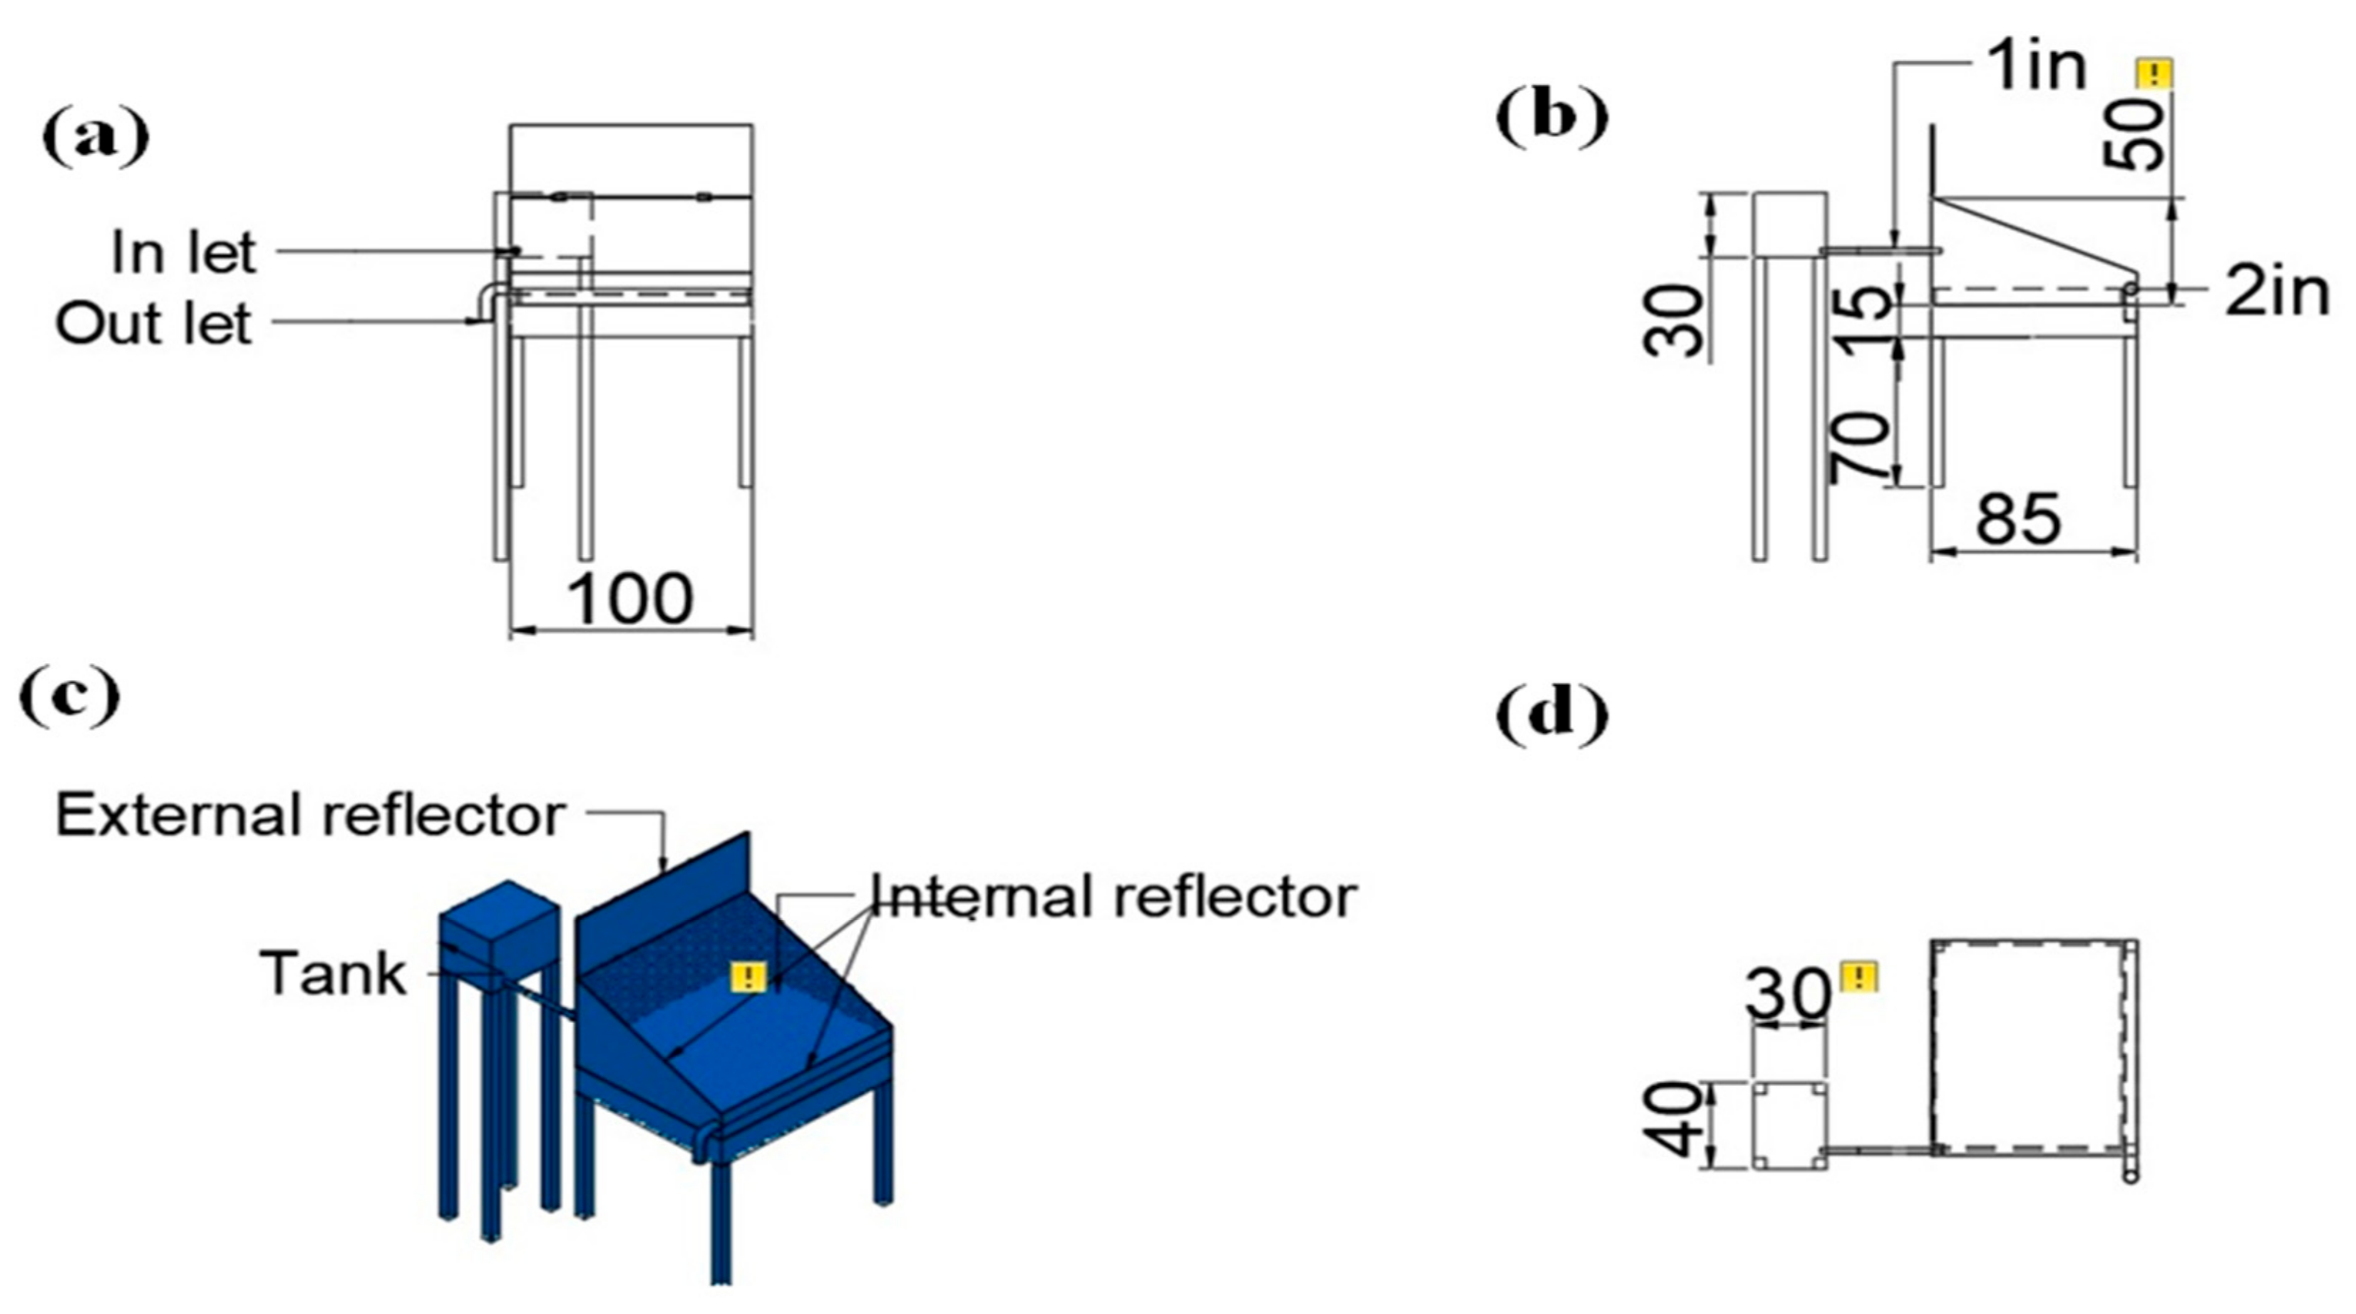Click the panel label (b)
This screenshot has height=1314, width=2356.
[1551, 119]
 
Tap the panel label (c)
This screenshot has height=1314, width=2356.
[70, 697]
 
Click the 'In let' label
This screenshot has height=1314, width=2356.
[184, 252]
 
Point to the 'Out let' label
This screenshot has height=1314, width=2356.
[154, 323]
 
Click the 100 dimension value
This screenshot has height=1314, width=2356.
[630, 600]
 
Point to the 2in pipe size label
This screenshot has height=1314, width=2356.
[2275, 293]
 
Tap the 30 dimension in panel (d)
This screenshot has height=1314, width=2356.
[1788, 993]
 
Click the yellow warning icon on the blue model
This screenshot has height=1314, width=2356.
[748, 976]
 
